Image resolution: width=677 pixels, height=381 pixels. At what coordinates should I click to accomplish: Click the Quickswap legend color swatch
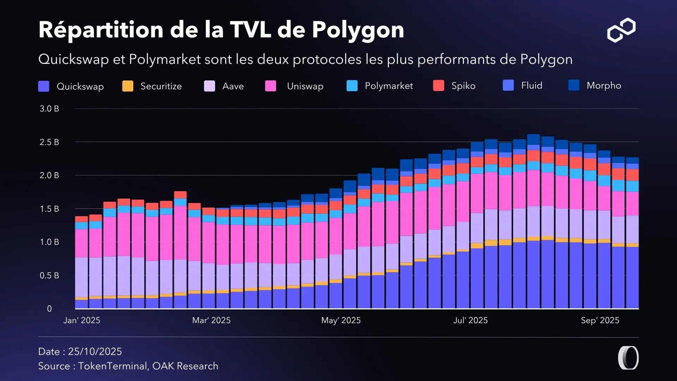[x=44, y=86]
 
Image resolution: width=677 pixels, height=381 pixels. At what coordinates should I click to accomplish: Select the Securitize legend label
[x=161, y=86]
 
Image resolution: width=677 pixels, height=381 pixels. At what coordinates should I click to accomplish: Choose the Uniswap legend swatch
[x=270, y=86]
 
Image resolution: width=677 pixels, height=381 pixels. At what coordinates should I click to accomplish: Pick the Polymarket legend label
[x=389, y=86]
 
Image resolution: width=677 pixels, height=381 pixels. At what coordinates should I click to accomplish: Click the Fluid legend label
[x=531, y=85]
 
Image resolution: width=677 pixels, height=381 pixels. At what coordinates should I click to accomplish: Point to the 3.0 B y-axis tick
[x=49, y=109]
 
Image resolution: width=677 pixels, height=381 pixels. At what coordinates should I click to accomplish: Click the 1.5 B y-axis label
[x=49, y=209]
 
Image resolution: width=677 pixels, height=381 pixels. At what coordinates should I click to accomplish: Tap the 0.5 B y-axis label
[x=49, y=276]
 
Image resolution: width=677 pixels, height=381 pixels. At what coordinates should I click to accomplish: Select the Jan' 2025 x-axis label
[x=82, y=320]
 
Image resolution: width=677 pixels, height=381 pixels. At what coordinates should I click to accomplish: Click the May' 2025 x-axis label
[x=341, y=320]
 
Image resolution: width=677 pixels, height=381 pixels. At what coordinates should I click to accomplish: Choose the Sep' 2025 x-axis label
[x=600, y=320]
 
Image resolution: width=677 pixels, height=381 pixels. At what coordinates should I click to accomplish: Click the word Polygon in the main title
[x=358, y=30]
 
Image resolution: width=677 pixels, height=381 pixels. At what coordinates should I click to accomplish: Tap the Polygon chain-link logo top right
[x=621, y=30]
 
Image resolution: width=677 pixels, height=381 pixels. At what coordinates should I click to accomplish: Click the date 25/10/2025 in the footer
[x=95, y=351]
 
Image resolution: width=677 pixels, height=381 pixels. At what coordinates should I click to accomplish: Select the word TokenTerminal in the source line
[x=112, y=366]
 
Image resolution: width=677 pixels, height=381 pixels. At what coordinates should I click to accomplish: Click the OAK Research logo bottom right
[x=628, y=358]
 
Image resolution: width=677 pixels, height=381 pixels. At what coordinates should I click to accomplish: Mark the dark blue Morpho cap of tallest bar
[x=533, y=139]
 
